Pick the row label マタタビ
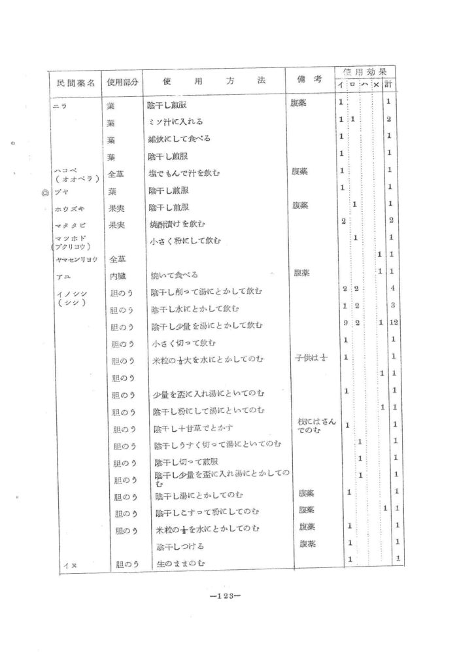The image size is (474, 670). point(70,224)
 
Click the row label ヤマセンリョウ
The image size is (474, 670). point(76,259)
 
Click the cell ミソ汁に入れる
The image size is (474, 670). point(177,122)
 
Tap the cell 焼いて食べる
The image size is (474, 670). point(174,275)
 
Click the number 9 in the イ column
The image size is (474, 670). point(345,325)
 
